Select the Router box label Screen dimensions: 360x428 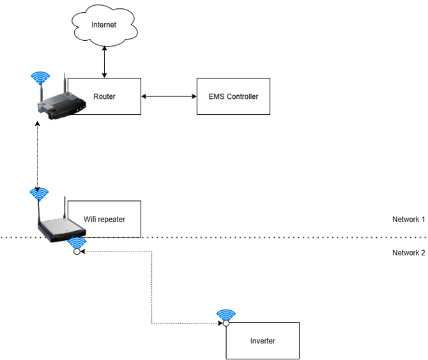coord(104,96)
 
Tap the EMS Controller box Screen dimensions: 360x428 coord(233,96)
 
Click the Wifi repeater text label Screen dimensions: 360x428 coord(104,220)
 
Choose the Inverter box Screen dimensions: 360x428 coord(262,341)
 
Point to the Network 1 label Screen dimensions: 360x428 coord(408,220)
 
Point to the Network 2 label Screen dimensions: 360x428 coord(408,253)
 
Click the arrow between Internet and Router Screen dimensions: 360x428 coord(104,63)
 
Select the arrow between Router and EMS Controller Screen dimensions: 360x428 coord(169,96)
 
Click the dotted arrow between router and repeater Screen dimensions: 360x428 coord(38,156)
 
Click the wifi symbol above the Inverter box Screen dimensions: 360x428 coord(225,315)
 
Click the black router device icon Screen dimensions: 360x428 coord(59,102)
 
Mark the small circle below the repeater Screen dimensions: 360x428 coord(76,251)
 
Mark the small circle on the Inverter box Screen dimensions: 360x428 coord(225,323)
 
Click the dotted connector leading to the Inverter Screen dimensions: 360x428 coord(151,287)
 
